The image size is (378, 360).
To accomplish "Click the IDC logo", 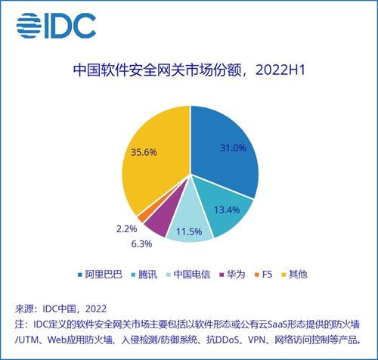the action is [56, 26].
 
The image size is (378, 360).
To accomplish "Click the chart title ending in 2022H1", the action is [189, 70].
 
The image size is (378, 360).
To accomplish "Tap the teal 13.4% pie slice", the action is [227, 209].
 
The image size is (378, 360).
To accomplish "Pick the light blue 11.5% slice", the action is [190, 225].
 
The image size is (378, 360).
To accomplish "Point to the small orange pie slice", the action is [142, 217].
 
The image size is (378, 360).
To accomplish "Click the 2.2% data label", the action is [126, 229].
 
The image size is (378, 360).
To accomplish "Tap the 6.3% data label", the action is [141, 244].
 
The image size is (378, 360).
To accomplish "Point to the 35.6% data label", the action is [144, 152].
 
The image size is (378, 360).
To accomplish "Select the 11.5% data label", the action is [189, 231].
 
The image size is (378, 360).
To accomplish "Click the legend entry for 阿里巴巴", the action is [100, 275].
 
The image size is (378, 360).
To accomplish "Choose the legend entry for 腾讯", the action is [144, 275].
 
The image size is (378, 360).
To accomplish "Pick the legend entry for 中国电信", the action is [189, 275].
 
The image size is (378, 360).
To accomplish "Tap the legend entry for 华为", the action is [232, 275].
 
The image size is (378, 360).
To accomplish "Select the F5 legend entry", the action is [264, 275].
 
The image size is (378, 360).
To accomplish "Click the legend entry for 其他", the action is [294, 275].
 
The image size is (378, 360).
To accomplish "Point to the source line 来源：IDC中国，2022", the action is [60, 309].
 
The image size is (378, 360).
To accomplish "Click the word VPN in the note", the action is [256, 340].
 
